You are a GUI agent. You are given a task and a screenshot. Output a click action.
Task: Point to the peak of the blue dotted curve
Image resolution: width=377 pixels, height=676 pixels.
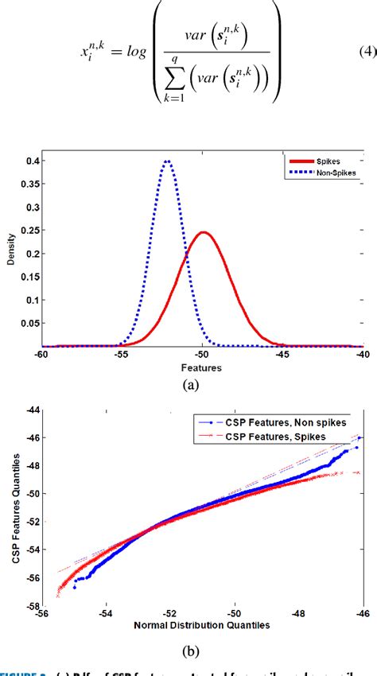coord(167,161)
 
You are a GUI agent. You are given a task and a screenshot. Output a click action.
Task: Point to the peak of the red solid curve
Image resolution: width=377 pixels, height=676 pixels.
coord(204,232)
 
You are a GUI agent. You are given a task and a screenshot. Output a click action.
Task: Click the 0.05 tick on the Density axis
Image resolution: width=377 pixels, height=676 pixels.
coord(24,324)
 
